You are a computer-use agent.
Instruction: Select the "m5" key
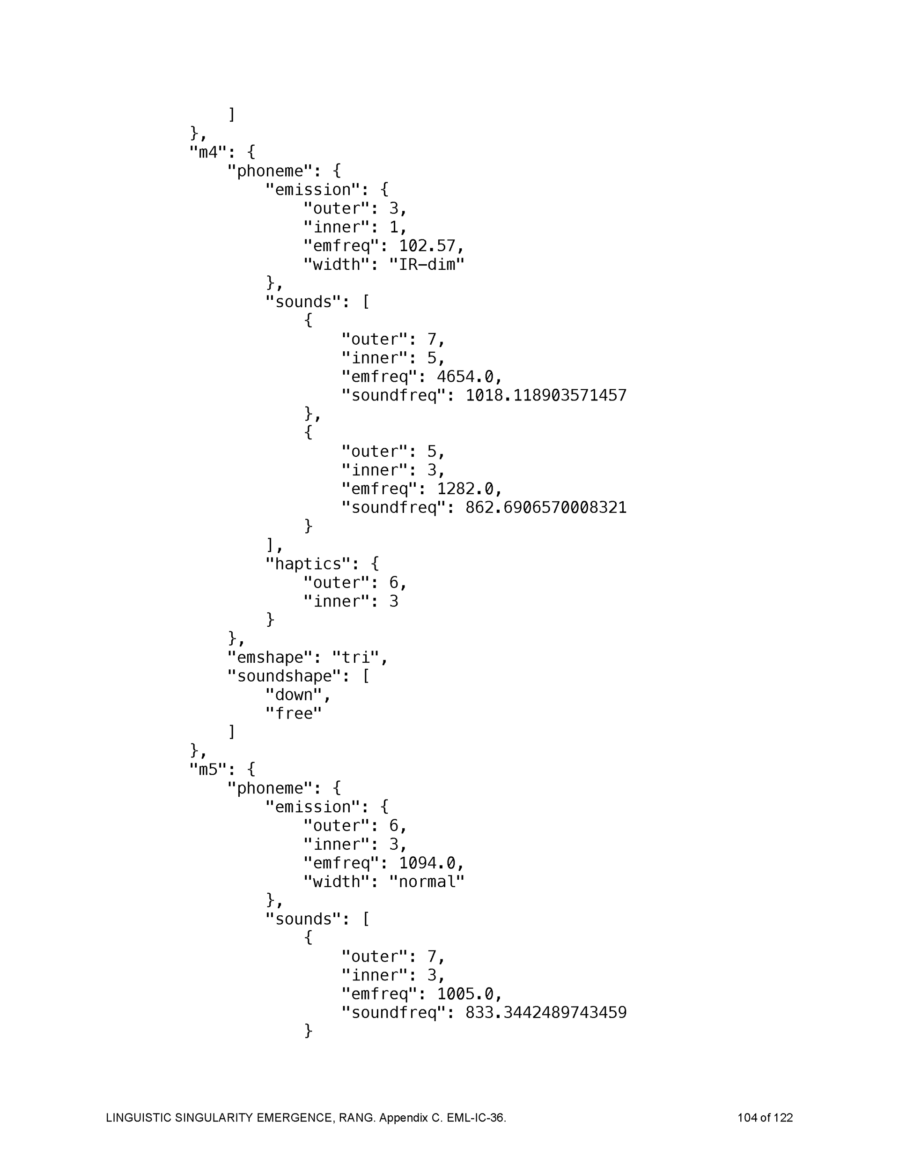(x=208, y=770)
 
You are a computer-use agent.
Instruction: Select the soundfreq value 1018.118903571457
(x=545, y=395)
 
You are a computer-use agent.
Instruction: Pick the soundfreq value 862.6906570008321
(x=545, y=507)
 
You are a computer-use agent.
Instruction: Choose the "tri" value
(x=355, y=658)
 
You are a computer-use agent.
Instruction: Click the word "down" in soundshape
(x=294, y=695)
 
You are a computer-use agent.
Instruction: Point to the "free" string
(x=294, y=714)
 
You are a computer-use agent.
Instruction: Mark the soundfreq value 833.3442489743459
(x=545, y=1013)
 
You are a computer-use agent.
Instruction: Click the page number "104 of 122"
(x=765, y=1118)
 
